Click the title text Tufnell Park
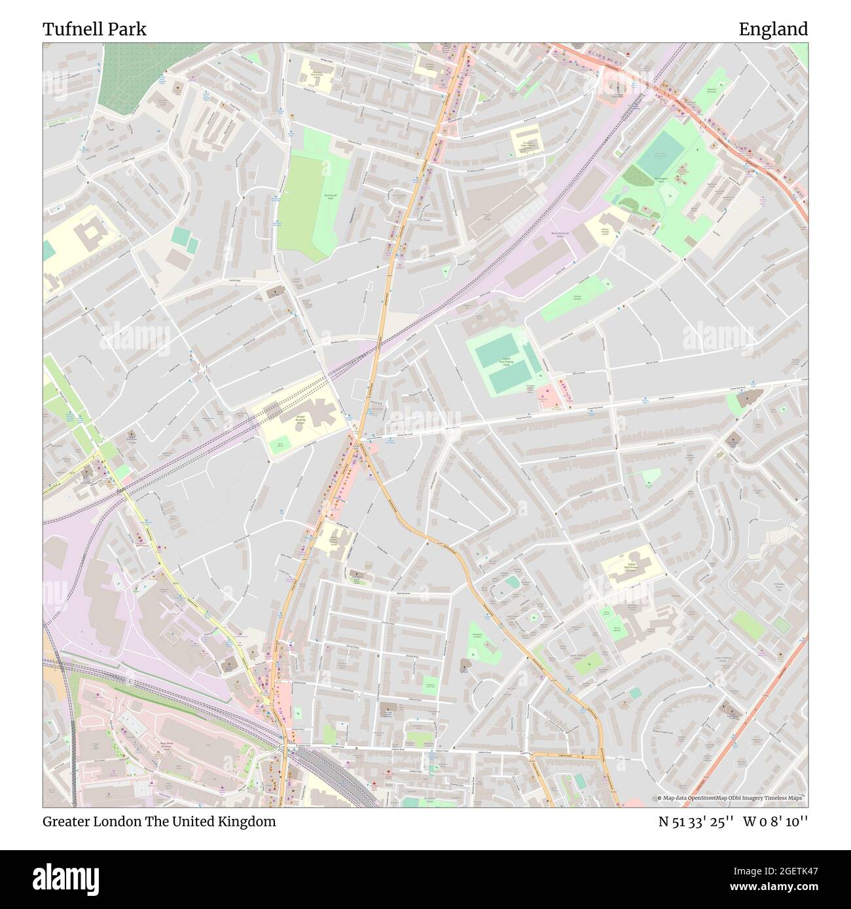point(94,29)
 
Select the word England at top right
point(773,29)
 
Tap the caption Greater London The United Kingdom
point(159,821)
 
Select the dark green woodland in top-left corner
point(132,72)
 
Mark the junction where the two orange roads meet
point(358,443)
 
